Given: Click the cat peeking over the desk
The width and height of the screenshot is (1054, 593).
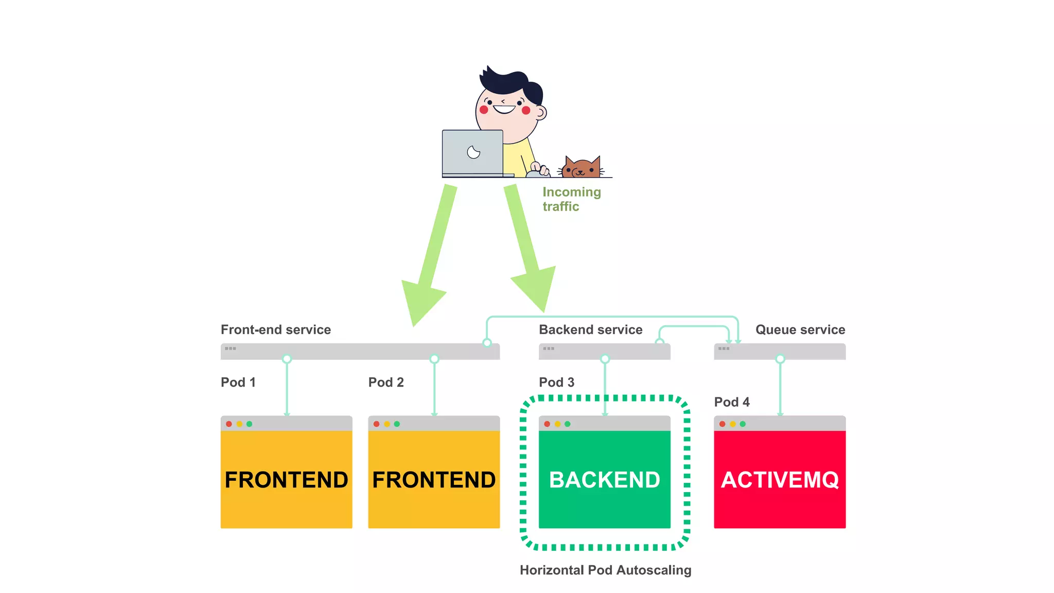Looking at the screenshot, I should click(582, 168).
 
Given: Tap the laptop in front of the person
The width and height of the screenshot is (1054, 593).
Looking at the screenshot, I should click(472, 153).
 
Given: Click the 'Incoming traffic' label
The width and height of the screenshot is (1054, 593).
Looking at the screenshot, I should click(571, 199).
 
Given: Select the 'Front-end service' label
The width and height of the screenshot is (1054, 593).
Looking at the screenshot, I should click(276, 329).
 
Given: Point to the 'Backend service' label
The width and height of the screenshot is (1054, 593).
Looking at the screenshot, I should click(590, 329).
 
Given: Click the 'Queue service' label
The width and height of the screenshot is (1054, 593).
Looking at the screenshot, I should click(800, 329).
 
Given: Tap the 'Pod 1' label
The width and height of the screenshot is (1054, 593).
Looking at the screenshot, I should click(238, 382).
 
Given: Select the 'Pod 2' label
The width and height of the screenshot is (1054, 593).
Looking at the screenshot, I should click(386, 382).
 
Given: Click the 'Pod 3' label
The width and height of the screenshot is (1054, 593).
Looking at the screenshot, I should click(556, 382).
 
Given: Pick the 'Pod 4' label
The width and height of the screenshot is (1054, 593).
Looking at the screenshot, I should click(731, 402).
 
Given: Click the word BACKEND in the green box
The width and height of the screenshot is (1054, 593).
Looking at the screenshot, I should click(604, 480).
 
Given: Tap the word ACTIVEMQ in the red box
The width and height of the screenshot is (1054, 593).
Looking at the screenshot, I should click(780, 480).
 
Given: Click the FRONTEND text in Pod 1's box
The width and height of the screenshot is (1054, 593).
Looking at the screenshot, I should click(286, 480).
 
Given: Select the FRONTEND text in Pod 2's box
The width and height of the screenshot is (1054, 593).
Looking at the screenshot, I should click(434, 480).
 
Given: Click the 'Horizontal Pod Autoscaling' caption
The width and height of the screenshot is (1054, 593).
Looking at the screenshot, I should click(605, 570).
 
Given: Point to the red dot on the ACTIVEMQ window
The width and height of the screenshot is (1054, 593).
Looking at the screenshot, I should click(723, 424).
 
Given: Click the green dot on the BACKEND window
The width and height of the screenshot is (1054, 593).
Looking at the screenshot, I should click(568, 424).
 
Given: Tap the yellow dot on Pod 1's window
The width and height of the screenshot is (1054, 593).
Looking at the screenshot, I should click(239, 424).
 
